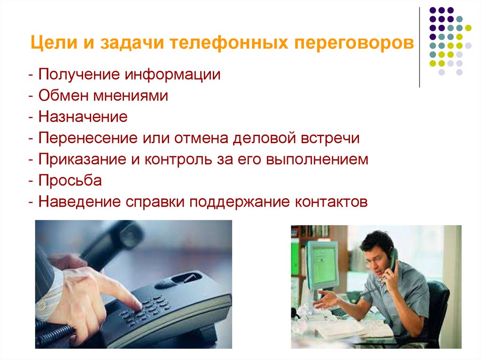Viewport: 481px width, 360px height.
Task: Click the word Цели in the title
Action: pos(49,44)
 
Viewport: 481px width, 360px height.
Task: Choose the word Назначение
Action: pos(83,117)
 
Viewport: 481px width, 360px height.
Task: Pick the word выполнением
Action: pos(317,160)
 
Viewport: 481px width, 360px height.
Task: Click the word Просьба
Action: pos(70,181)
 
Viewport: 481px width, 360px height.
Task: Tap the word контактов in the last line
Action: pos(330,202)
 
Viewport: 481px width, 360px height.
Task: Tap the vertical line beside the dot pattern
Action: pos(419,47)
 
